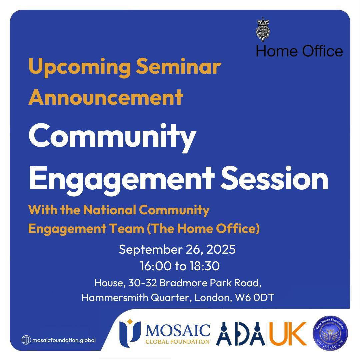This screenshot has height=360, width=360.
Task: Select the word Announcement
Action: point(106,97)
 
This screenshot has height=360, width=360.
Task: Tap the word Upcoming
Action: point(79,67)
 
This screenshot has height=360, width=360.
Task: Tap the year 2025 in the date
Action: point(221,250)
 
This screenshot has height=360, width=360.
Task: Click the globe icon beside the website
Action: point(26,340)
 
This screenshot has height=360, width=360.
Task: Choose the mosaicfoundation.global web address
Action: point(64,340)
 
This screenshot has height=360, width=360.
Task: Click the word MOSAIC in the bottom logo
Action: point(178,330)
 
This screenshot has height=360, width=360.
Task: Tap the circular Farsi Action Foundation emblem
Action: point(330,333)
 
